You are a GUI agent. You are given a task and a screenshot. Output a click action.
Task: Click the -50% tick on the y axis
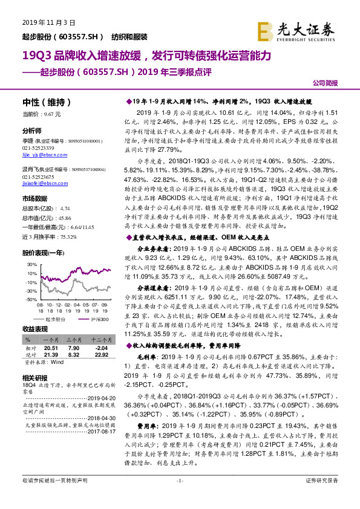pyautogui.click(x=28, y=299)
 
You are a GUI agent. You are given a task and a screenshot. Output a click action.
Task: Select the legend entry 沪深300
pyautogui.click(x=99, y=318)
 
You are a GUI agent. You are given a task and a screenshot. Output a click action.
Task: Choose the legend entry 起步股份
pyautogui.click(x=55, y=318)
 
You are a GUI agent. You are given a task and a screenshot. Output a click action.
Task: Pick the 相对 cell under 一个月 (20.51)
pyautogui.click(x=51, y=349)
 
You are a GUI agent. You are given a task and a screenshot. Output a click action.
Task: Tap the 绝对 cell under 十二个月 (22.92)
pyautogui.click(x=97, y=355)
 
